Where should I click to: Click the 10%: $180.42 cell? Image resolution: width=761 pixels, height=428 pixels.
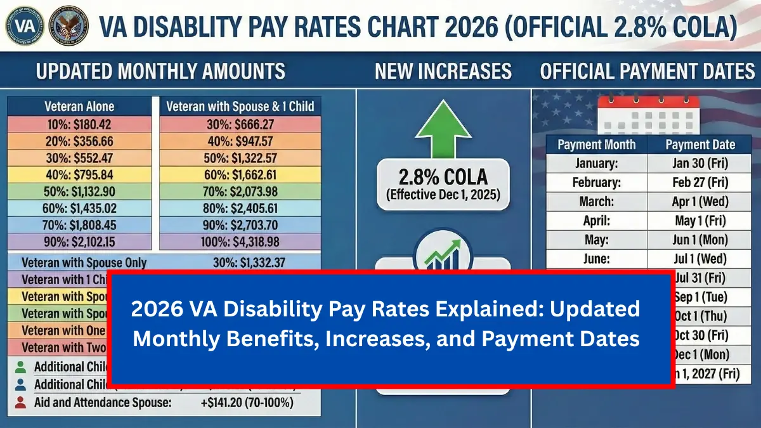(79, 124)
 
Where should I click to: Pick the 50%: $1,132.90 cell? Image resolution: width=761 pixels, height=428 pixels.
(79, 191)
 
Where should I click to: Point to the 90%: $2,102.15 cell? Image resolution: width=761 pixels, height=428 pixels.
(79, 241)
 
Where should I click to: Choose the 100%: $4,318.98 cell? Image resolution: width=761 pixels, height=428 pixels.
(240, 241)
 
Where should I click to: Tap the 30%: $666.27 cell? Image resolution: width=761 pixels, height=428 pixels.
(240, 124)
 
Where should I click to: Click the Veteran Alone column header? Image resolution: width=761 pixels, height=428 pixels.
(79, 106)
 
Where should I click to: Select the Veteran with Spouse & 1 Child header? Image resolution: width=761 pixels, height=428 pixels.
(240, 106)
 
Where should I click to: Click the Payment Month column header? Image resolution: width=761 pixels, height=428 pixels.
(596, 145)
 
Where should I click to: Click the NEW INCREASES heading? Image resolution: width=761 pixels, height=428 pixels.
(443, 71)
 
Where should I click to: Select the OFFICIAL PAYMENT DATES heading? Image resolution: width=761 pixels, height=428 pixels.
(647, 71)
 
